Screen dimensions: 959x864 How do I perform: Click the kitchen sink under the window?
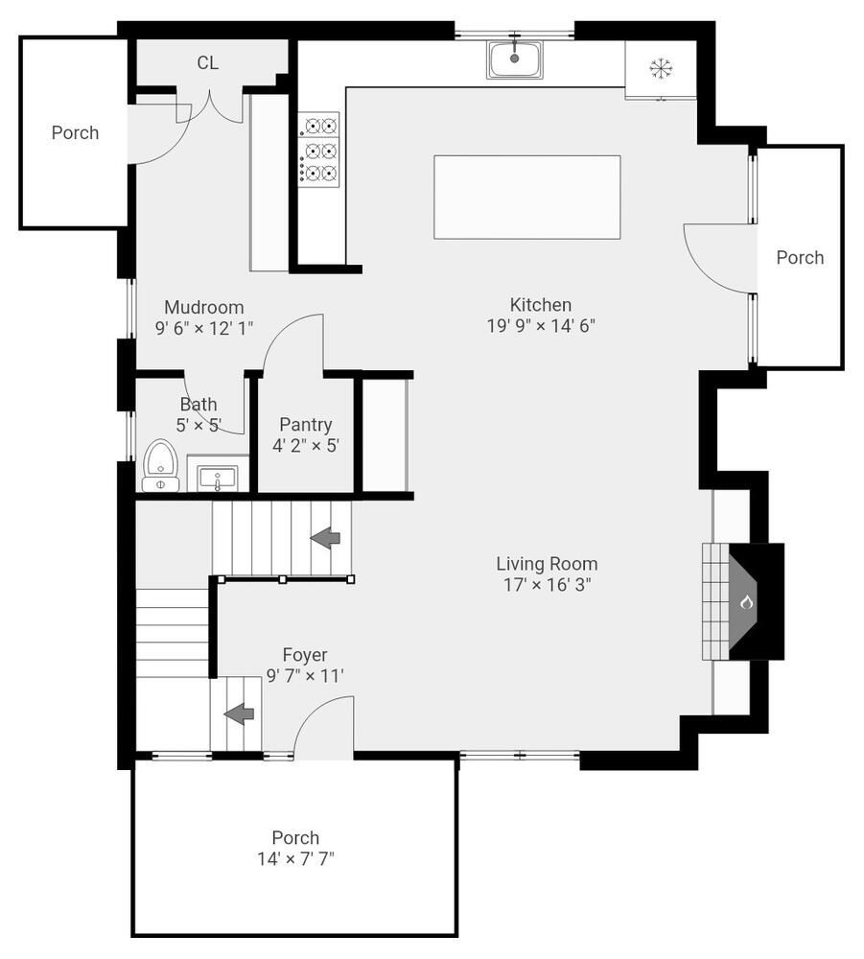click(514, 59)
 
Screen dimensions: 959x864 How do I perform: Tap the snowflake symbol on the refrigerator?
click(661, 68)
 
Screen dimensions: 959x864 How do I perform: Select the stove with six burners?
click(319, 149)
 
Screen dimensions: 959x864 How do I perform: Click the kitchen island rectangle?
click(526, 197)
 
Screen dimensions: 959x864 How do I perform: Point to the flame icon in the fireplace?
click(746, 602)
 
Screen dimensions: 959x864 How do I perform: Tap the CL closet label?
click(208, 63)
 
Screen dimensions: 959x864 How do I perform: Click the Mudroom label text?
click(203, 308)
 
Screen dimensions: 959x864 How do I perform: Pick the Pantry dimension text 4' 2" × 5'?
click(306, 445)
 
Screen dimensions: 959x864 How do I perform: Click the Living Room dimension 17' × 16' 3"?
click(547, 585)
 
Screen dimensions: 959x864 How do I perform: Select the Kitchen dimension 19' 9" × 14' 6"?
click(541, 326)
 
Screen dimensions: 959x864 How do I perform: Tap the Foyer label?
click(304, 655)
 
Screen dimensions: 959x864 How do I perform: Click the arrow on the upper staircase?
click(326, 538)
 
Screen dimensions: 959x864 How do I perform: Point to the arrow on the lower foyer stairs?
click(239, 713)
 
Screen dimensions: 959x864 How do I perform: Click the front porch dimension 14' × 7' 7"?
click(295, 858)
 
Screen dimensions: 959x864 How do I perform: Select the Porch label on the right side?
click(800, 257)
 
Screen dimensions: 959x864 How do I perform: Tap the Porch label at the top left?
click(75, 132)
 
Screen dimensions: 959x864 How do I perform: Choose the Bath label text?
click(198, 405)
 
